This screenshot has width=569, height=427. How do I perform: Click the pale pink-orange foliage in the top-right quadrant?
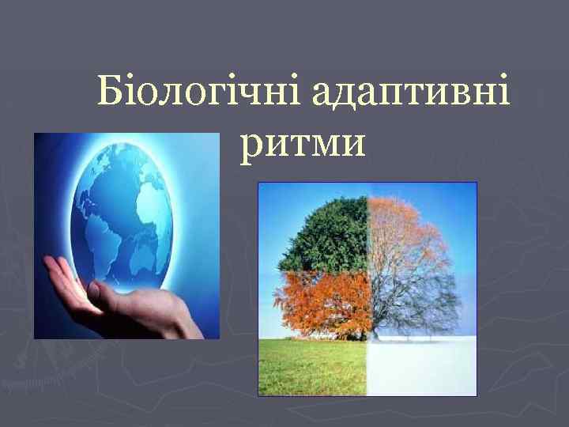tap(411, 229)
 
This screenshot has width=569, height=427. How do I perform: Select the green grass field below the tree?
tap(312, 368)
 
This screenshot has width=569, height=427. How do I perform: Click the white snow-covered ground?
tap(423, 368)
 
